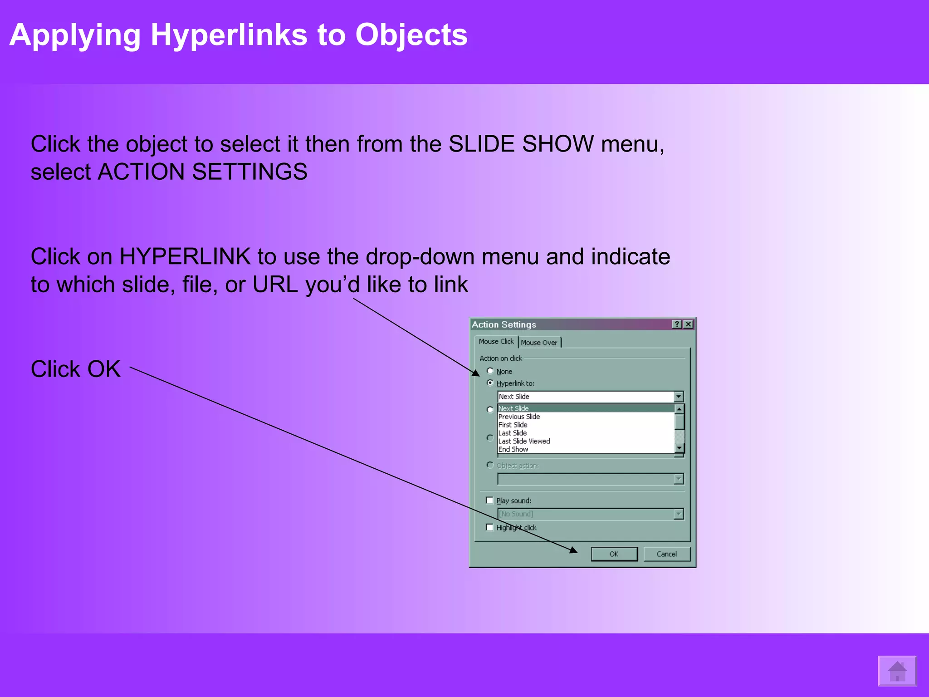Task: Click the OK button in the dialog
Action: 614,554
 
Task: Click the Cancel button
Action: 666,554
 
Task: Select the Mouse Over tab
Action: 539,343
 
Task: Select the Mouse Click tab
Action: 496,341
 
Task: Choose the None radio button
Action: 490,371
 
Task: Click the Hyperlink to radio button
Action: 490,383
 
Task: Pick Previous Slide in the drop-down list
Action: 519,417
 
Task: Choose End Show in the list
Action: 513,449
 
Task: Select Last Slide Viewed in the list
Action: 524,441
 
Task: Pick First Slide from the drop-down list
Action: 513,425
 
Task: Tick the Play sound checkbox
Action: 490,500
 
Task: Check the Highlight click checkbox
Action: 490,527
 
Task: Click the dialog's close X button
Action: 688,324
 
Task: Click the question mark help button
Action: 677,324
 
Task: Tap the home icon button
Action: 897,671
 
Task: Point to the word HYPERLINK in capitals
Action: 185,256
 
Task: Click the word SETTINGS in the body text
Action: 249,172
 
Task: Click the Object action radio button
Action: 490,465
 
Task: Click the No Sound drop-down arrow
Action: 679,514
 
